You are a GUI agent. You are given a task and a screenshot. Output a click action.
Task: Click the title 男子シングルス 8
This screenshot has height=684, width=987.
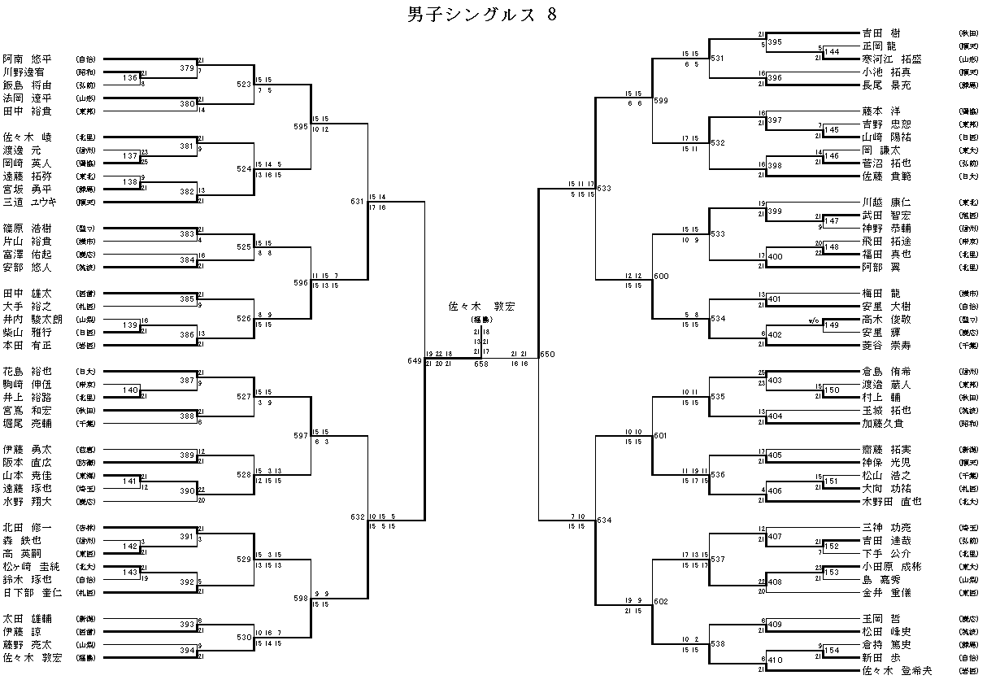482,15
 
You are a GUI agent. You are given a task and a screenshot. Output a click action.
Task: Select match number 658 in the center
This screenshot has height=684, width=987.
481,364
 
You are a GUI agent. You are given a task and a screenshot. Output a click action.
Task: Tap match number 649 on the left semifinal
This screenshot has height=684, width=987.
415,359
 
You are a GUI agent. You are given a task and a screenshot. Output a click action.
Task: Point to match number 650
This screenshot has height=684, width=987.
547,355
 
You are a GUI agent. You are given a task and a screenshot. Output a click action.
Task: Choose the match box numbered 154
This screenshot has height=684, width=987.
832,651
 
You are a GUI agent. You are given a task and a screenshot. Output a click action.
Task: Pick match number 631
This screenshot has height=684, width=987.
358,201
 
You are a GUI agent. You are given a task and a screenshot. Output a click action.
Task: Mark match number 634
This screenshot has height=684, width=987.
604,520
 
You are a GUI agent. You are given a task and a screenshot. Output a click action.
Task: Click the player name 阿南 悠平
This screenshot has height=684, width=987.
27,59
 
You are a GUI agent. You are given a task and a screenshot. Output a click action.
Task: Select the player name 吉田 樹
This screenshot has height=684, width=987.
881,33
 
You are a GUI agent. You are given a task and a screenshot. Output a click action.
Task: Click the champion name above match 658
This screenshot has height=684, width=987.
482,307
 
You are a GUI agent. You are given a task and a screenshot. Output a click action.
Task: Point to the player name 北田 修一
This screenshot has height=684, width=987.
27,527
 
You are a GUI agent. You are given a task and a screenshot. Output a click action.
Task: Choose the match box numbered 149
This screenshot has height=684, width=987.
832,325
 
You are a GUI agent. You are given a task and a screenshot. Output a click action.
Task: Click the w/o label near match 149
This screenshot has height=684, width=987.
813,320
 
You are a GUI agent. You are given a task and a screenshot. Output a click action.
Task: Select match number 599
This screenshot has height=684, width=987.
661,100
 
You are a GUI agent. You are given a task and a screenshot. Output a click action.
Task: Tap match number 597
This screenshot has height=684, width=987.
301,436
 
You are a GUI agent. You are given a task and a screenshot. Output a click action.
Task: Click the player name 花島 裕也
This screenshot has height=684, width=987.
27,372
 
